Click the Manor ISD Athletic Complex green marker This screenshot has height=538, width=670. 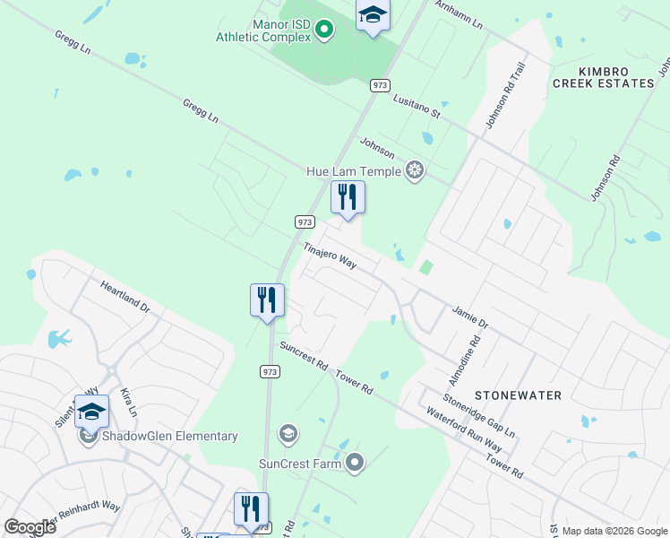(x=324, y=30)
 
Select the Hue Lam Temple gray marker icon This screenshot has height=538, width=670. (x=414, y=169)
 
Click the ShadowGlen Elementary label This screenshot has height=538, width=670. (x=169, y=437)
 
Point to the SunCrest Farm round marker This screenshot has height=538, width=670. (x=356, y=464)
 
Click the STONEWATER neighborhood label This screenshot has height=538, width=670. (x=518, y=395)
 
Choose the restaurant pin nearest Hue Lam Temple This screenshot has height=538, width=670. (x=348, y=197)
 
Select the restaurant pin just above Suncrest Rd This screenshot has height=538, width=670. (x=267, y=299)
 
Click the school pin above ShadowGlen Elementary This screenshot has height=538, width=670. (x=91, y=411)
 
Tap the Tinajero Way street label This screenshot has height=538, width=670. (x=330, y=256)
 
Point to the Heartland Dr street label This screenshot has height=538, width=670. (x=125, y=296)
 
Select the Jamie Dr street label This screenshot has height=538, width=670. (x=469, y=317)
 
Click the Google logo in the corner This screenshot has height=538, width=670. (x=30, y=527)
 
